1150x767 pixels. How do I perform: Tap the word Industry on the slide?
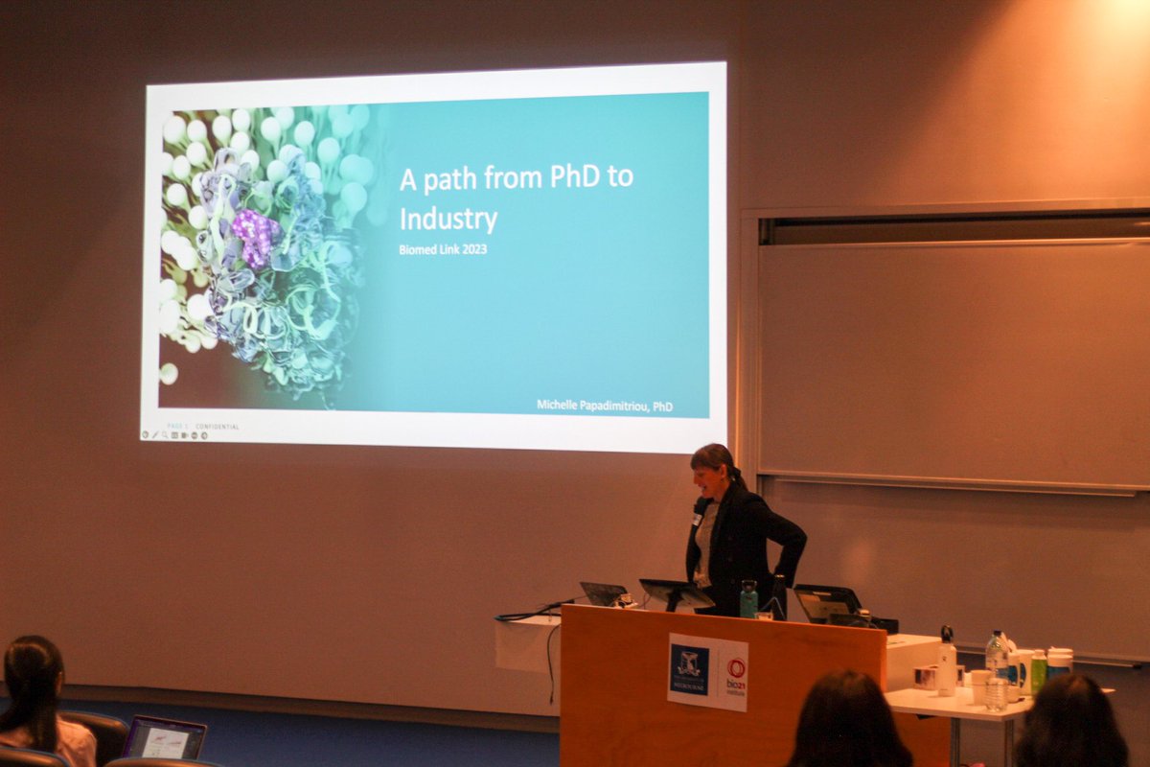pos(448,219)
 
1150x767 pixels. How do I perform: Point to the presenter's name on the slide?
pos(604,407)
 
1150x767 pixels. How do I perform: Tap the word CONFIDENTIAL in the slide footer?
pos(218,427)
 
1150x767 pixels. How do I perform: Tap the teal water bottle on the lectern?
pos(747,599)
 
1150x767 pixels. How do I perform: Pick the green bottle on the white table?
pos(1038,671)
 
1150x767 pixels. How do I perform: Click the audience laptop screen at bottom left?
pos(164,738)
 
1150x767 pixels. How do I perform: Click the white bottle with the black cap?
pos(946,661)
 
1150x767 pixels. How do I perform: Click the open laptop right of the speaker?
pos(826,603)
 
